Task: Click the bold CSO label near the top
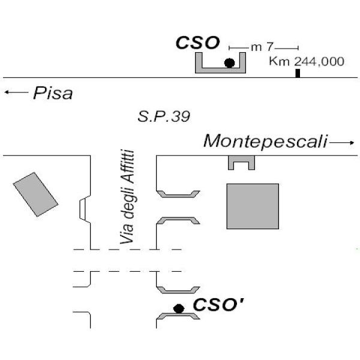197,43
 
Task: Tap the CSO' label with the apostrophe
218,305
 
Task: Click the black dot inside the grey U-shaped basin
229,62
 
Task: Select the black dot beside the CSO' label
179,308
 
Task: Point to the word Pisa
53,93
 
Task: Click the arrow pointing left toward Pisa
16,92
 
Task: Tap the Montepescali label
265,141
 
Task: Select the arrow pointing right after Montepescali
341,143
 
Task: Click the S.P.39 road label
164,116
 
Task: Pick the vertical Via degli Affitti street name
127,197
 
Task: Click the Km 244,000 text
307,61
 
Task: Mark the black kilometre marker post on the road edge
298,73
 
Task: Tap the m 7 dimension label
262,47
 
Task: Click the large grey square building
253,206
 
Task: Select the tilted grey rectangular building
35,194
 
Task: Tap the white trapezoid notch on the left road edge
83,209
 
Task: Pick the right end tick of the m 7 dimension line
298,48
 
